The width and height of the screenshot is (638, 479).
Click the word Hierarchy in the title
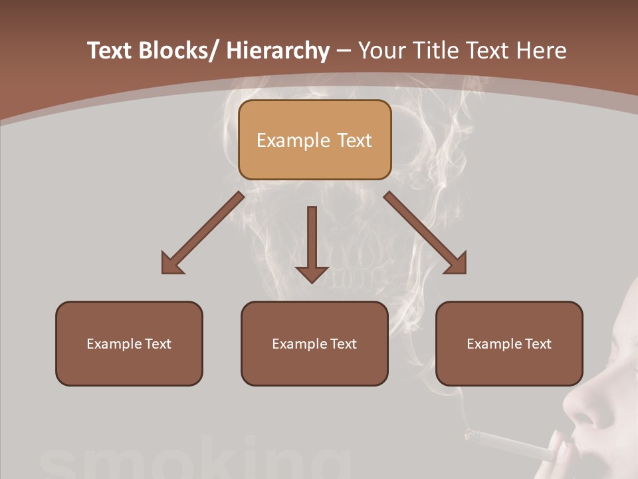click(x=277, y=51)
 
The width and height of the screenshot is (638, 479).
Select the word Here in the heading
click(x=542, y=51)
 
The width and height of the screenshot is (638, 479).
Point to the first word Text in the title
click(x=110, y=51)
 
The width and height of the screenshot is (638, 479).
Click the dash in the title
click(x=344, y=51)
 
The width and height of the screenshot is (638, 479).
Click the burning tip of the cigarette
click(x=470, y=435)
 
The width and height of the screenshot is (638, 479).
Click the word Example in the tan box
click(x=292, y=140)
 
